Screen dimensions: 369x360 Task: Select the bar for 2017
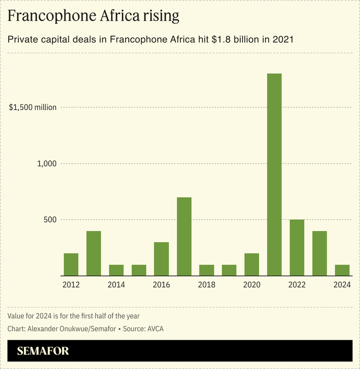pos(184,236)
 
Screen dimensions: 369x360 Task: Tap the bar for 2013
pos(94,253)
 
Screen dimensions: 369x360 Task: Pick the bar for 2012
pos(71,264)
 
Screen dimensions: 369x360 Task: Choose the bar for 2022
pos(297,248)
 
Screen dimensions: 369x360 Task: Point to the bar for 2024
pos(342,270)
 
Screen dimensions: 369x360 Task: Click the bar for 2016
pos(161,259)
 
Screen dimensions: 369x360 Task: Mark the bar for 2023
pos(319,253)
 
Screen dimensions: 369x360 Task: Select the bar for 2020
pos(252,264)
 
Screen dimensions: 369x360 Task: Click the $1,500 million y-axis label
pos(33,107)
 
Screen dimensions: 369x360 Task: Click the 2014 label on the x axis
pos(116,285)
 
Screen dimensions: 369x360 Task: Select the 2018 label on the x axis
pos(207,285)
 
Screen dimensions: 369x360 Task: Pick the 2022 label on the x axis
pos(297,285)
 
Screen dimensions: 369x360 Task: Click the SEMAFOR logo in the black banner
pos(43,351)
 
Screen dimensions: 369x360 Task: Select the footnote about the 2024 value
pos(76,316)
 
